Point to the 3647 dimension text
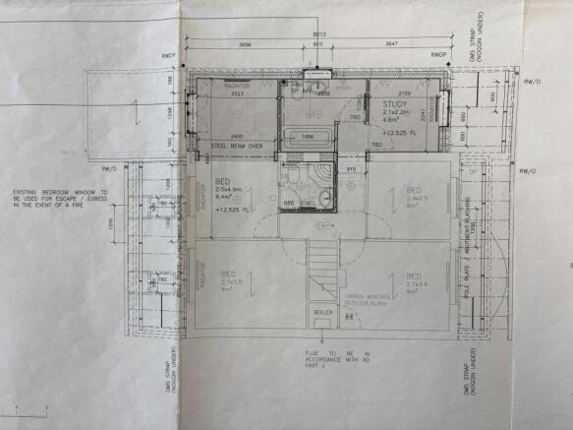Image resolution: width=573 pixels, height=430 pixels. (391, 45)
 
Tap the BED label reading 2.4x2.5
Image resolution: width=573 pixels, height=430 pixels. (414, 195)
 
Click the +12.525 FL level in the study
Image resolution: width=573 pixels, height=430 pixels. (401, 132)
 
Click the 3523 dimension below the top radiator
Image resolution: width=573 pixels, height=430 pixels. (237, 94)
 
